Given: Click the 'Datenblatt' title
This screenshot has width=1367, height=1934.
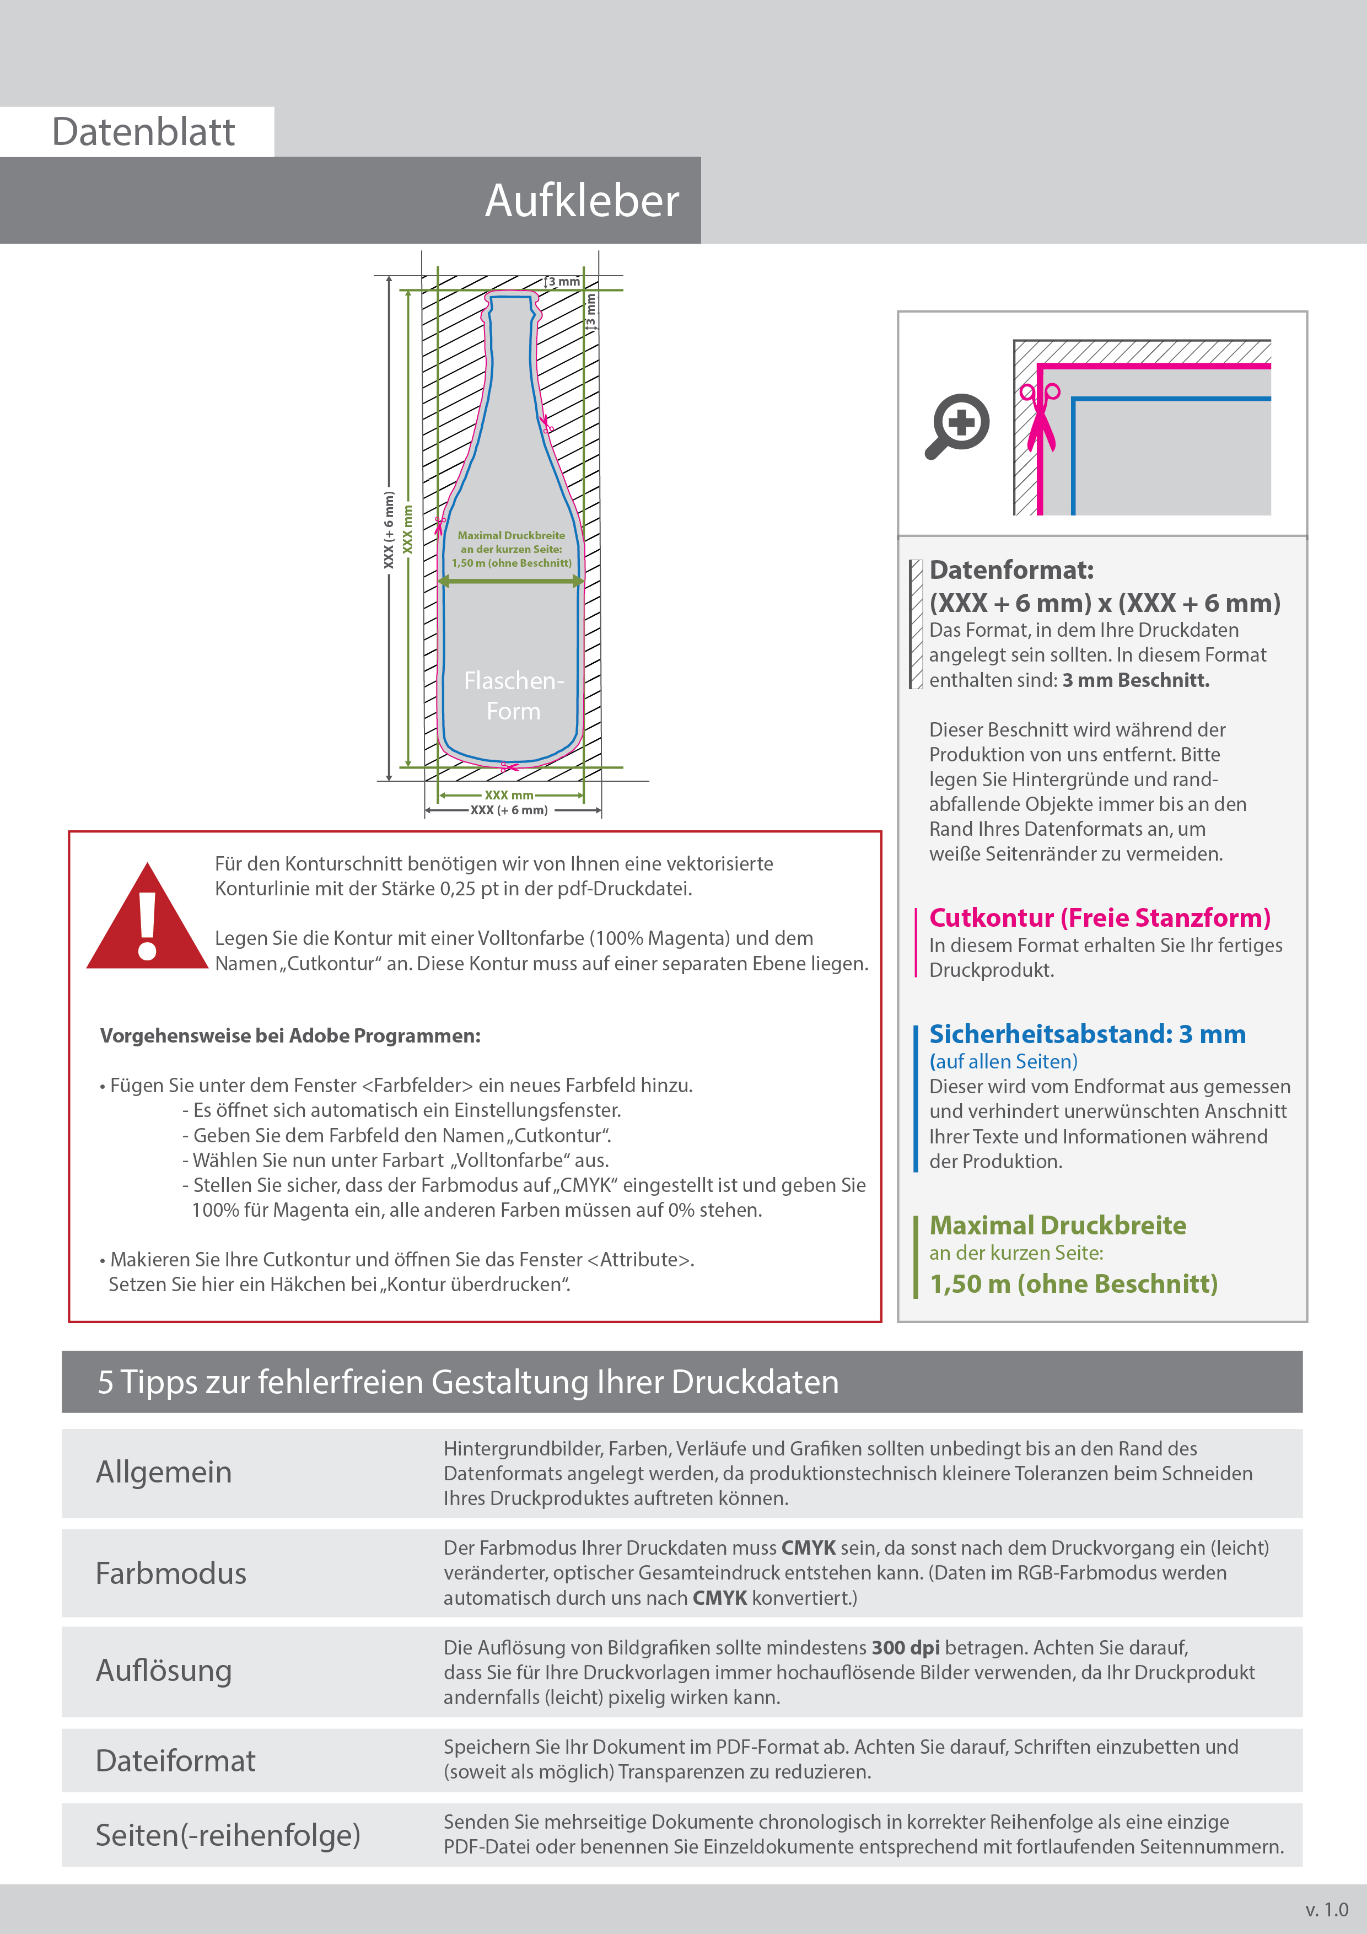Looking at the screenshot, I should tap(143, 132).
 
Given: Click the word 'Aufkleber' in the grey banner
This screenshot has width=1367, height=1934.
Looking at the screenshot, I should tap(581, 201).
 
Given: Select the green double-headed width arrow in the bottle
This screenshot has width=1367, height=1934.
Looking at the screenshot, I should tap(512, 581).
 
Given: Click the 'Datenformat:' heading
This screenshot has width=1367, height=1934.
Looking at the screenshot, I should tap(1011, 570).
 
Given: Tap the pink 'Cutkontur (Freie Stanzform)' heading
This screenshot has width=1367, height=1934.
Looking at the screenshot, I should tap(1099, 917).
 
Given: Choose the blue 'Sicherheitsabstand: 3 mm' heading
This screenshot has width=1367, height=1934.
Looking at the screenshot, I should tap(1086, 1034).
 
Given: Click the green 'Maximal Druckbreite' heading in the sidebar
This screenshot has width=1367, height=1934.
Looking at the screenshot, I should tap(1057, 1225).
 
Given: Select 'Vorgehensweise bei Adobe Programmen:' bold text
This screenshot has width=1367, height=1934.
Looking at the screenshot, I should tap(290, 1035).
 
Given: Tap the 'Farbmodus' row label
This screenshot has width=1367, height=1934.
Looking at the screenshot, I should tap(171, 1573).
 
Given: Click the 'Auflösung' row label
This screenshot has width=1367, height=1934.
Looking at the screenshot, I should tap(163, 1670).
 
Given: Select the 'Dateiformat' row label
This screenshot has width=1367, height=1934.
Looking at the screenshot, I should tap(175, 1760).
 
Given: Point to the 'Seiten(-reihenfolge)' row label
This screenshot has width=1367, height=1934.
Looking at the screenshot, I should tap(228, 1835).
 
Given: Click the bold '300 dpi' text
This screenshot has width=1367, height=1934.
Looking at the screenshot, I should tap(906, 1648).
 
